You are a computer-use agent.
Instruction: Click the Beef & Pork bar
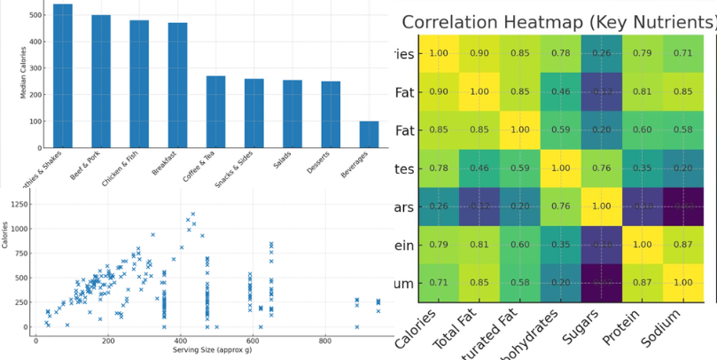point(101,81)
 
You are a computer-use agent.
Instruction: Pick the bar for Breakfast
point(177,85)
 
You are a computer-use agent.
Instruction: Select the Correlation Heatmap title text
point(558,22)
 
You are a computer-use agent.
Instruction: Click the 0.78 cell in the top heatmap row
point(561,53)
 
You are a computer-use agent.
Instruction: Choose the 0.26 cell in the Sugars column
point(602,53)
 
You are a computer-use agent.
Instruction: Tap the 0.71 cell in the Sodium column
point(682,53)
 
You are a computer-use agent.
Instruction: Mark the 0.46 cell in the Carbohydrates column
point(561,90)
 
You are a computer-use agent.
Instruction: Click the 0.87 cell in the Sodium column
point(682,245)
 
